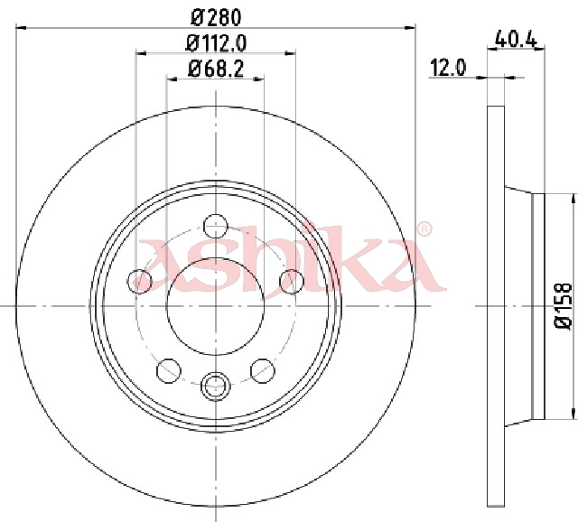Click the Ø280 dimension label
(x=216, y=18)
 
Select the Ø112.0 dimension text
(x=216, y=43)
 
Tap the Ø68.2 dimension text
(x=216, y=69)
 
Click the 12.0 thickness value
(x=448, y=69)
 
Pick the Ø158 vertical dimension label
(x=563, y=305)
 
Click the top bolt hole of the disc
(x=216, y=226)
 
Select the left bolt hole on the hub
(x=139, y=282)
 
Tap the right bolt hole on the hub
(x=292, y=282)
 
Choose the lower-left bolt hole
(x=169, y=370)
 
